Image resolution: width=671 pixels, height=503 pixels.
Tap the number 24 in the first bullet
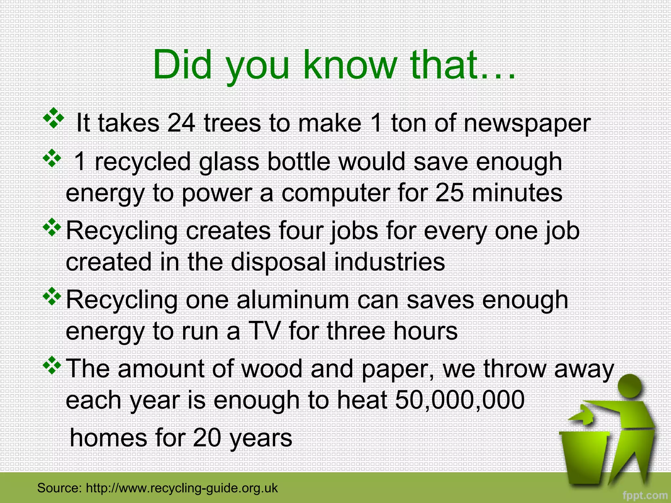(x=181, y=123)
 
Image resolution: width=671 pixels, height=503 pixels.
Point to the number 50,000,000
(x=460, y=400)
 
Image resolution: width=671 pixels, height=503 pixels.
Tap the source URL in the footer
(x=182, y=488)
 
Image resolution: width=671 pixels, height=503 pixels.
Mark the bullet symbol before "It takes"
(x=53, y=118)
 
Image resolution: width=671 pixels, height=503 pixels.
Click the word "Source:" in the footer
(x=59, y=488)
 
